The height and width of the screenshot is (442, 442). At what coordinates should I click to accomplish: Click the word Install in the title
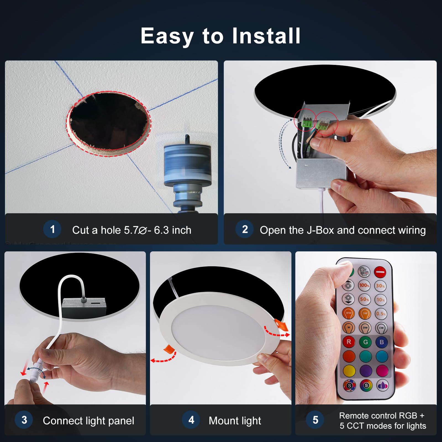(x=266, y=36)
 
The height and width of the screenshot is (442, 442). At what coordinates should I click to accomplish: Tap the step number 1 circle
(x=52, y=229)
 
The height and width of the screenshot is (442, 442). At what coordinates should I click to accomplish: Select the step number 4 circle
(x=191, y=420)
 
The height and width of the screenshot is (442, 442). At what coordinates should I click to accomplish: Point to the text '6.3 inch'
(x=172, y=230)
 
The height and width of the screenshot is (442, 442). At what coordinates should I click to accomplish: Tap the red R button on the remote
(x=349, y=342)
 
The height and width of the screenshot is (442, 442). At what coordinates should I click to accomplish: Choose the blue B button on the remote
(x=382, y=342)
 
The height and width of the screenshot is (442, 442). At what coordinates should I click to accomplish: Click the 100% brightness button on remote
(x=364, y=285)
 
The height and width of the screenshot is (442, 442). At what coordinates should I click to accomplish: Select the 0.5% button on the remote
(x=381, y=314)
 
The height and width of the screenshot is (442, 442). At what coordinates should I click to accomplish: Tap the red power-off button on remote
(x=380, y=272)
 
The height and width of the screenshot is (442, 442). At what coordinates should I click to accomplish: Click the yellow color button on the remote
(x=349, y=370)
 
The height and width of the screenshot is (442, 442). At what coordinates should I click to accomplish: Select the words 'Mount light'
(x=235, y=421)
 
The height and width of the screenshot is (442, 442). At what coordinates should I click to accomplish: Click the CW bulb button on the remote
(x=381, y=328)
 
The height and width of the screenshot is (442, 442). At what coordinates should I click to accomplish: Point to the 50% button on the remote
(x=364, y=299)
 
